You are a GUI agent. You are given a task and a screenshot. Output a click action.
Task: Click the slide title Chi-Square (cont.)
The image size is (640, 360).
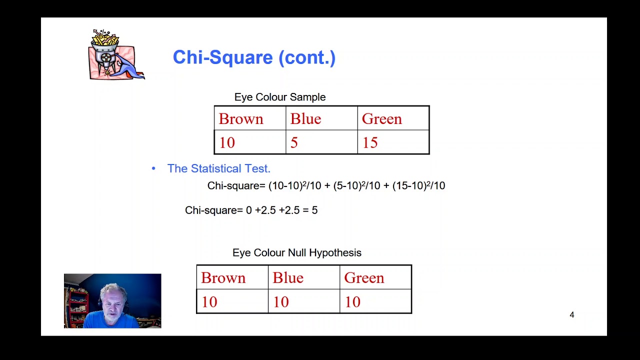point(254,57)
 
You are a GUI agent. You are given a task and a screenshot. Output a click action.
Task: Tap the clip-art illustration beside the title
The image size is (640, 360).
point(116,54)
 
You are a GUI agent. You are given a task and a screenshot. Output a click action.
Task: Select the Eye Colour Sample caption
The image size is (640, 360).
point(279,97)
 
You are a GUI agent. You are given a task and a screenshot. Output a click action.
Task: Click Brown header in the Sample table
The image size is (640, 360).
point(240,119)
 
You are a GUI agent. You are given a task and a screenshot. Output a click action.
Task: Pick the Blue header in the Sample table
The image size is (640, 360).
point(305,119)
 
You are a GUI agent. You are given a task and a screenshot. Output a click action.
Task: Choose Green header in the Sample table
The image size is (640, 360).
point(381,119)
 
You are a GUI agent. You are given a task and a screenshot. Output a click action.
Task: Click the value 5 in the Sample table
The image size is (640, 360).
point(294,143)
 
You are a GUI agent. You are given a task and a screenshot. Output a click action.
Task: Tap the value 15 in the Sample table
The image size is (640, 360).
point(370,143)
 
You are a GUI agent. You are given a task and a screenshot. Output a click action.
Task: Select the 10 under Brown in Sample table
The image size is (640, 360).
point(226,143)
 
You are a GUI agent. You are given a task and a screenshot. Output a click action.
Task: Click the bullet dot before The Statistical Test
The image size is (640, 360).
point(153,168)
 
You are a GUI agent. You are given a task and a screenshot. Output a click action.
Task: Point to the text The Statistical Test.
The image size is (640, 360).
point(218,168)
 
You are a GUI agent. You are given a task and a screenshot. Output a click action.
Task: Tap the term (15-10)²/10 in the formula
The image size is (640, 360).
point(418,185)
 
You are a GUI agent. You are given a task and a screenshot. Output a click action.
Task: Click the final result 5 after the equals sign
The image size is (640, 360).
point(314,210)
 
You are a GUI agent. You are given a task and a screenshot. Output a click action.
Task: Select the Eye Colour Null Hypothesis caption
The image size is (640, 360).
point(296,252)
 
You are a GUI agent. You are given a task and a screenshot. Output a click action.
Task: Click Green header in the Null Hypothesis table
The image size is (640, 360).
point(364,278)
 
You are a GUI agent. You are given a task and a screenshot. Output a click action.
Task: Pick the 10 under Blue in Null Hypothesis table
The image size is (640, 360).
point(280,302)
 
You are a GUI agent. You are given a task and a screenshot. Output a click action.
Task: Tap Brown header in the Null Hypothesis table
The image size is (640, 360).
point(223,278)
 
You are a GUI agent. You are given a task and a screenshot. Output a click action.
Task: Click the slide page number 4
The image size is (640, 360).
point(572,314)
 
